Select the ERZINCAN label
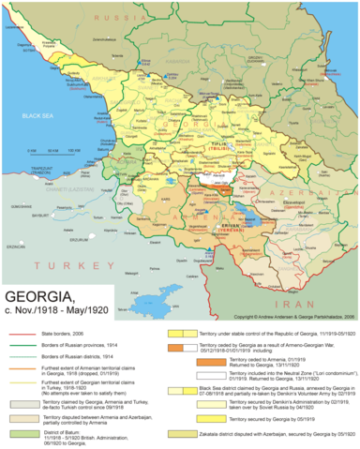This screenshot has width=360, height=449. (16, 246)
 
